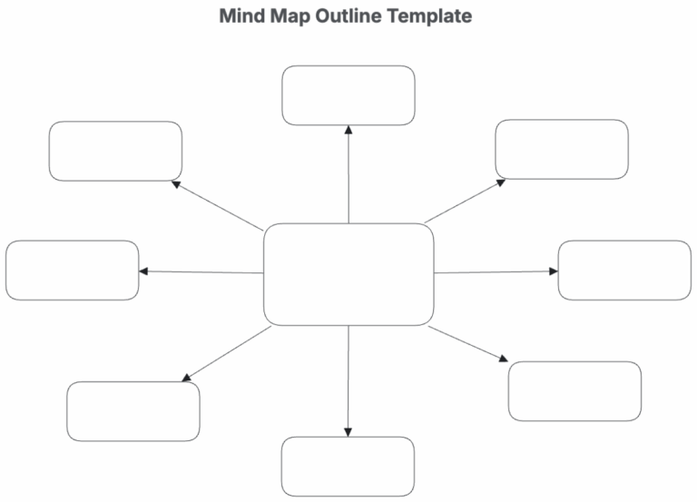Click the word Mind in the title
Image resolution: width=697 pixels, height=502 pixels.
tap(241, 16)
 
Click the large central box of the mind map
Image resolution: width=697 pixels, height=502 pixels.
tap(348, 274)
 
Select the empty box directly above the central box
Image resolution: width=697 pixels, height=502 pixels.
tap(348, 95)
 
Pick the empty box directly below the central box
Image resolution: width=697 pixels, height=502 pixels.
tap(348, 467)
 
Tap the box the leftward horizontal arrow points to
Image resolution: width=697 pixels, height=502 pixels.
tap(73, 271)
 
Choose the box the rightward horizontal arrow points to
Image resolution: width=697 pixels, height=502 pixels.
tap(624, 271)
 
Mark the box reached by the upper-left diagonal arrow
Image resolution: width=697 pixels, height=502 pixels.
tap(115, 151)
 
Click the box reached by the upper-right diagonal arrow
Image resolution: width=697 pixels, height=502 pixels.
tap(562, 149)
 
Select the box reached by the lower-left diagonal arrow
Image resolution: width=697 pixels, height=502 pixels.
tap(133, 411)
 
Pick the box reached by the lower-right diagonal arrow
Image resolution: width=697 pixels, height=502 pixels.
tap(574, 391)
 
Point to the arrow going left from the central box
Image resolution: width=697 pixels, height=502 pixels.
tap(201, 271)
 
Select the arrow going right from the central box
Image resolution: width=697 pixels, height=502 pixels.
tap(496, 271)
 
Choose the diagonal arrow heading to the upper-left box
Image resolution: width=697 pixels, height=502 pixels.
tap(217, 205)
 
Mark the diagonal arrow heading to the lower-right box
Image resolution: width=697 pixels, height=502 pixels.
tap(468, 344)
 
